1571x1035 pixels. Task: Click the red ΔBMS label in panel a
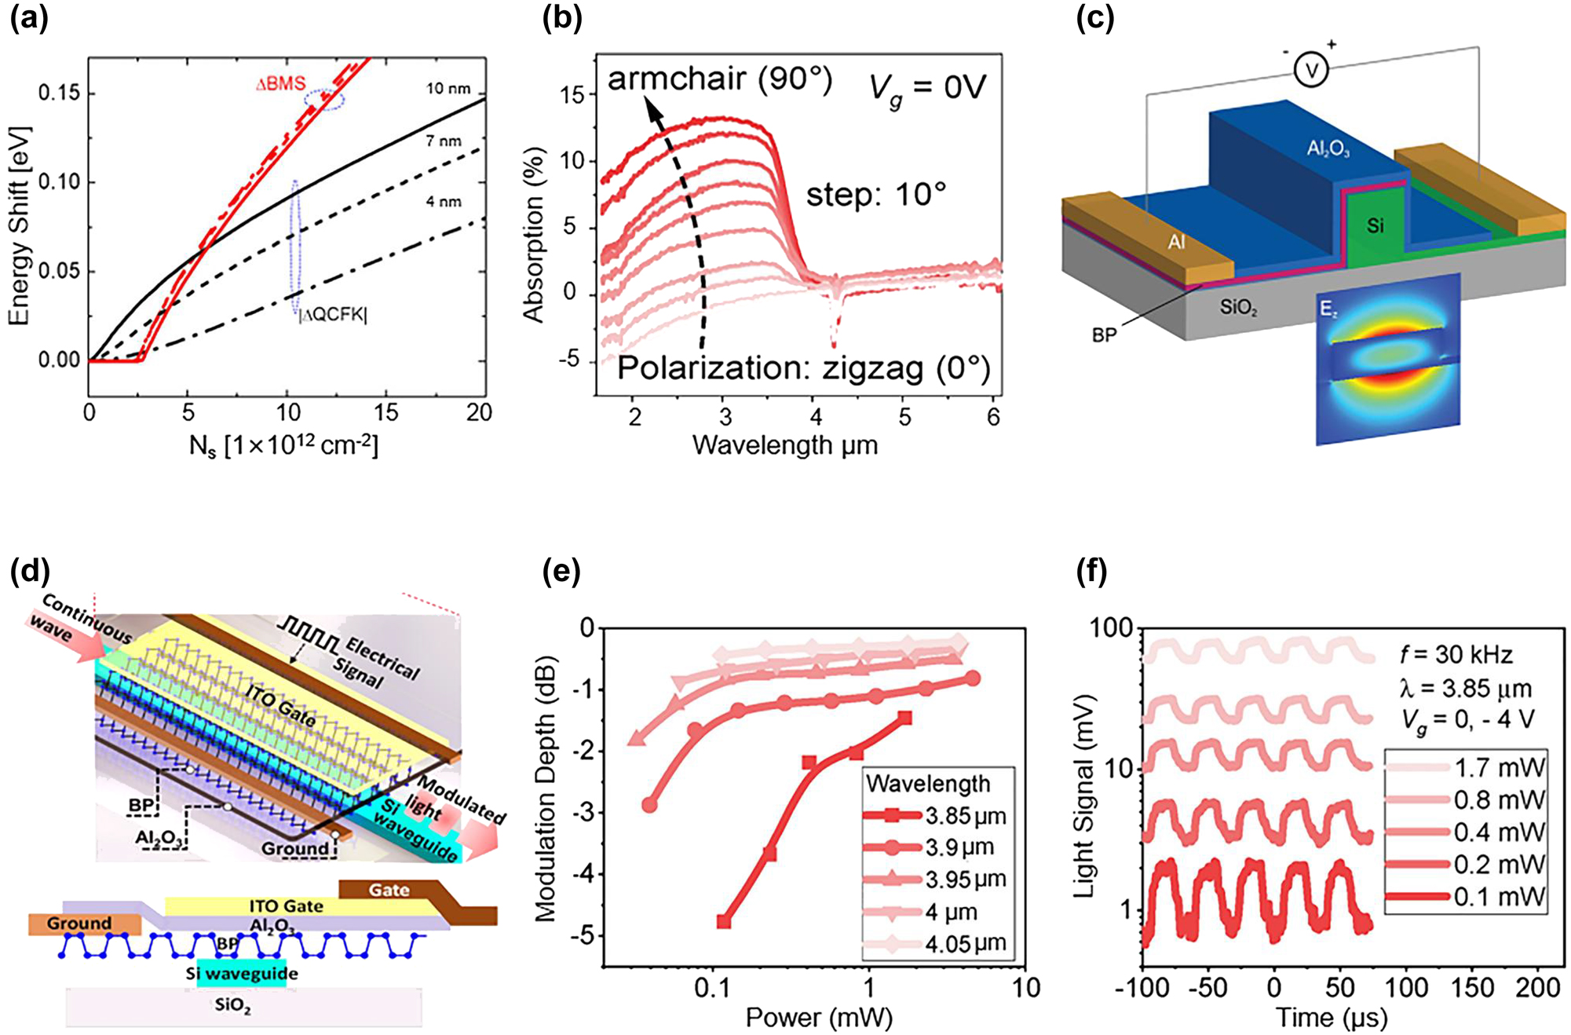click(x=280, y=85)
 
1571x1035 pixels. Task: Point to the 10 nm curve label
click(x=448, y=89)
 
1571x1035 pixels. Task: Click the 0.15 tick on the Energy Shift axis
click(x=59, y=93)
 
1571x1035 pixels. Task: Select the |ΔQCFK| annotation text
click(x=333, y=315)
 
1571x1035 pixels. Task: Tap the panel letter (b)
click(x=562, y=19)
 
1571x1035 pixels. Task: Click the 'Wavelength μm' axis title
click(x=784, y=445)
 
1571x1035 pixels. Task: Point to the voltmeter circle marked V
click(x=1310, y=71)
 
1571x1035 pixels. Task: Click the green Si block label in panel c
click(x=1375, y=226)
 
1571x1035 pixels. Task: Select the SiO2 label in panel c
click(x=1238, y=307)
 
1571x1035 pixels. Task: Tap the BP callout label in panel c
click(x=1104, y=335)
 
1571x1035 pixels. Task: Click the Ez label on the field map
click(x=1328, y=310)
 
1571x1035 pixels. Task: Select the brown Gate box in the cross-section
click(x=389, y=890)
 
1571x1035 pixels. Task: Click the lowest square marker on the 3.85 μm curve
click(x=724, y=922)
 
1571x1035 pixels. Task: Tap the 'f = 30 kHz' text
click(x=1456, y=654)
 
